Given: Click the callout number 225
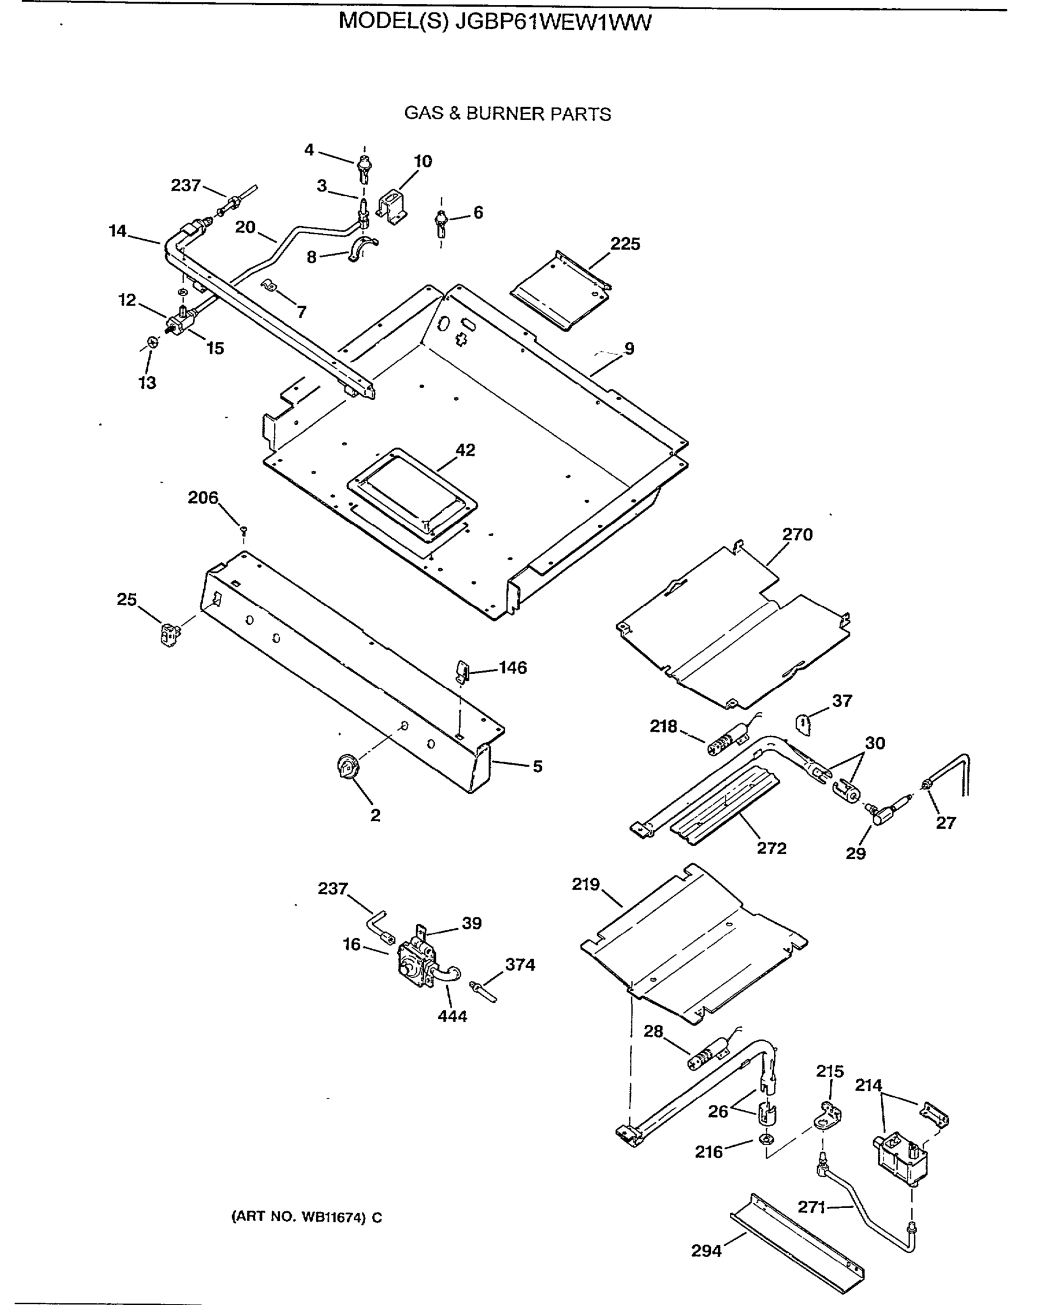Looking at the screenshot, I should [x=625, y=244].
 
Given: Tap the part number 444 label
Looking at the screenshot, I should [x=452, y=1016].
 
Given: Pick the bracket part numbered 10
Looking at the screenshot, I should [x=393, y=206].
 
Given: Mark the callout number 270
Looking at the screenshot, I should [x=797, y=535].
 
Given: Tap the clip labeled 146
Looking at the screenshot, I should [x=462, y=672].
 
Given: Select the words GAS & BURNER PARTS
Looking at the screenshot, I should [x=507, y=114].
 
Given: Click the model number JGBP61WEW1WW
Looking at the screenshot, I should [x=553, y=22].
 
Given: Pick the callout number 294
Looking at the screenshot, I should [x=706, y=1251].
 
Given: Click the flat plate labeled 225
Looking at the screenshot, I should [x=560, y=291].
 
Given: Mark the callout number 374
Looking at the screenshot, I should [x=520, y=964].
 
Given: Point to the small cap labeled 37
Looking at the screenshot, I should [x=804, y=724].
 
